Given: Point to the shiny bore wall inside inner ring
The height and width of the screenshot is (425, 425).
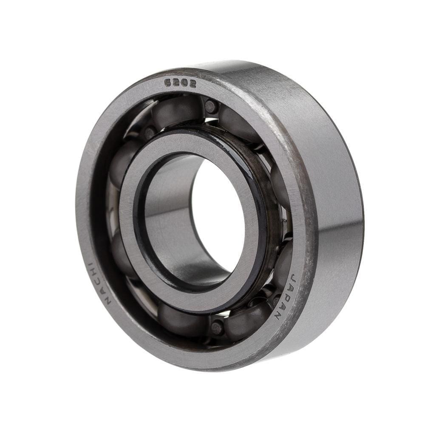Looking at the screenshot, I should point(170,212).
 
